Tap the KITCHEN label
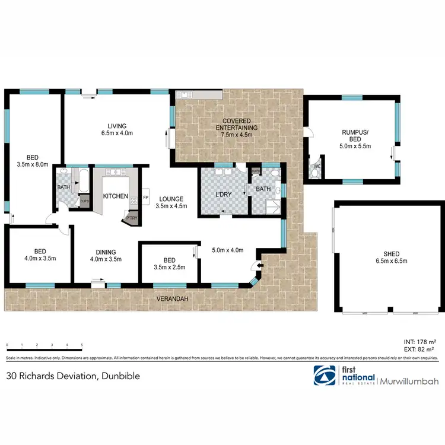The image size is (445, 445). pos(116,196)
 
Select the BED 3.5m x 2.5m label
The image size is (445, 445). pos(169,263)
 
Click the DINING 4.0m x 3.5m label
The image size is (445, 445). pos(106,255)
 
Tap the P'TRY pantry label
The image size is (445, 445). pos(131,218)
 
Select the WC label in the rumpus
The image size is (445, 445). pos(316,167)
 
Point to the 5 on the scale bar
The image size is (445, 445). pos(81,345)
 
